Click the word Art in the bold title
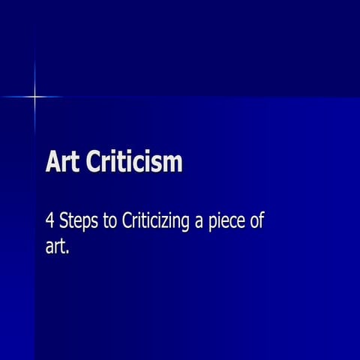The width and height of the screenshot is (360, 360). (x=63, y=162)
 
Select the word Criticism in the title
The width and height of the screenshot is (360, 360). (x=134, y=162)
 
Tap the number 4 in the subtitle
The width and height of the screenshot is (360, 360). (x=50, y=223)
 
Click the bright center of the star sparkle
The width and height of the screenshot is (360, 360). (x=34, y=96)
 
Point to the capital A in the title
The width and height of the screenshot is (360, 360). (x=53, y=162)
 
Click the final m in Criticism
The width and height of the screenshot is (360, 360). (x=173, y=163)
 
